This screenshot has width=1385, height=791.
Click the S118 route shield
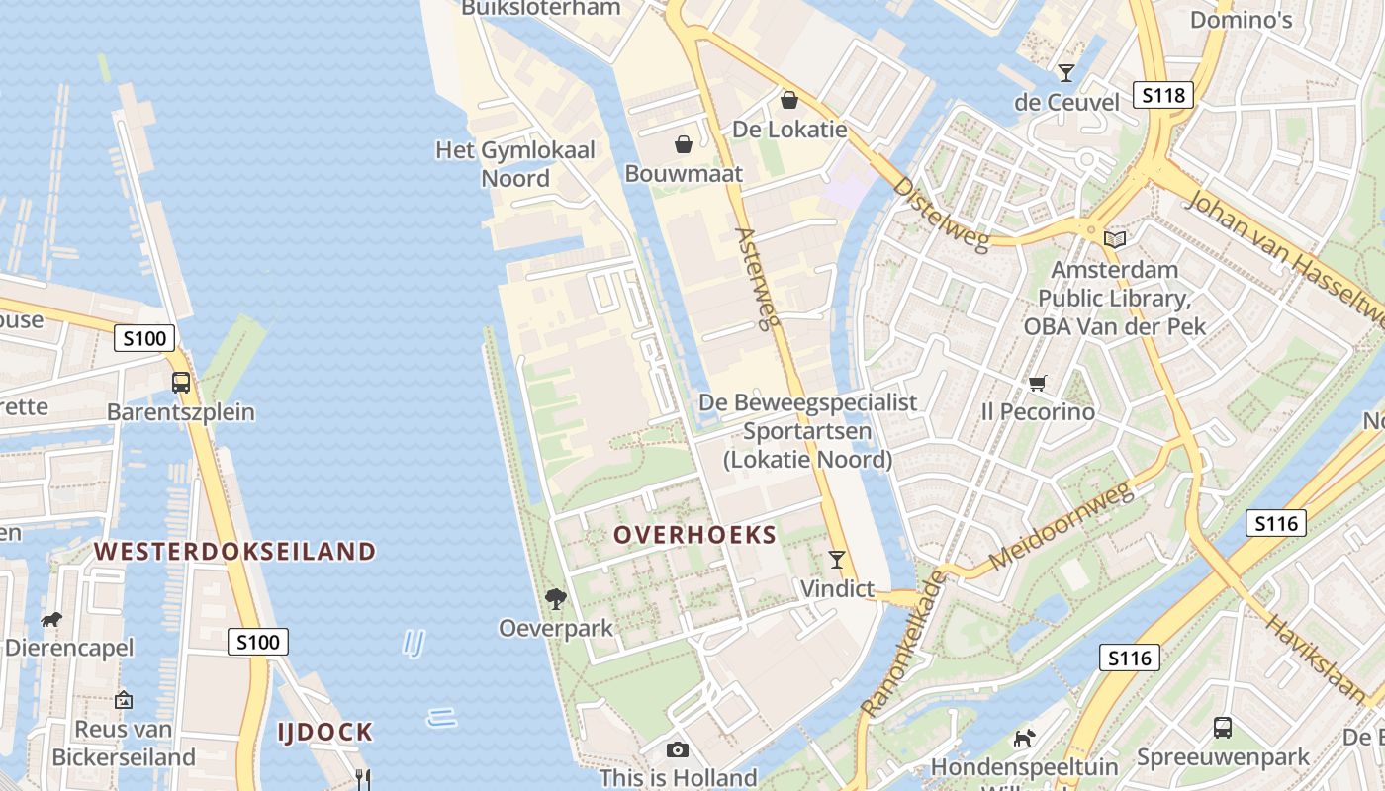click(1162, 95)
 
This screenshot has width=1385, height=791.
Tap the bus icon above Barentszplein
click(181, 383)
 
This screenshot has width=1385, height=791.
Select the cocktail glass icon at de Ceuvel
click(1065, 72)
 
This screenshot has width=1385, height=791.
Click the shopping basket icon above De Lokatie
click(789, 100)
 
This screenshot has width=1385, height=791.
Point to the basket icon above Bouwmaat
click(683, 145)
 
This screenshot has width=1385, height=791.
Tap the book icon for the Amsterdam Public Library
click(1115, 239)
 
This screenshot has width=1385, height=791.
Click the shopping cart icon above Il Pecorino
click(1037, 383)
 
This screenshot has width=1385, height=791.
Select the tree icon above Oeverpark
click(556, 598)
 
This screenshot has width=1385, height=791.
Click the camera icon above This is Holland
click(678, 749)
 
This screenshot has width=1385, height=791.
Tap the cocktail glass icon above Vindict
click(837, 560)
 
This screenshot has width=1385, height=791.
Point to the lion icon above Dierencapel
click(51, 620)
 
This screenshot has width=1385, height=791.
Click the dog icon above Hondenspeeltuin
click(1024, 738)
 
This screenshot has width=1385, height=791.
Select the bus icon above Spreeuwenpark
click(1223, 728)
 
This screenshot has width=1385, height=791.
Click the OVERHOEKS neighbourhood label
click(694, 535)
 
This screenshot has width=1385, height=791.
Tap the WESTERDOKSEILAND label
click(235, 552)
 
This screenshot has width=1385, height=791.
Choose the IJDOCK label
click(325, 733)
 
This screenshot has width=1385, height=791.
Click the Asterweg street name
click(759, 277)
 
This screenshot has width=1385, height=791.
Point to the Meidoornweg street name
click(1061, 527)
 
